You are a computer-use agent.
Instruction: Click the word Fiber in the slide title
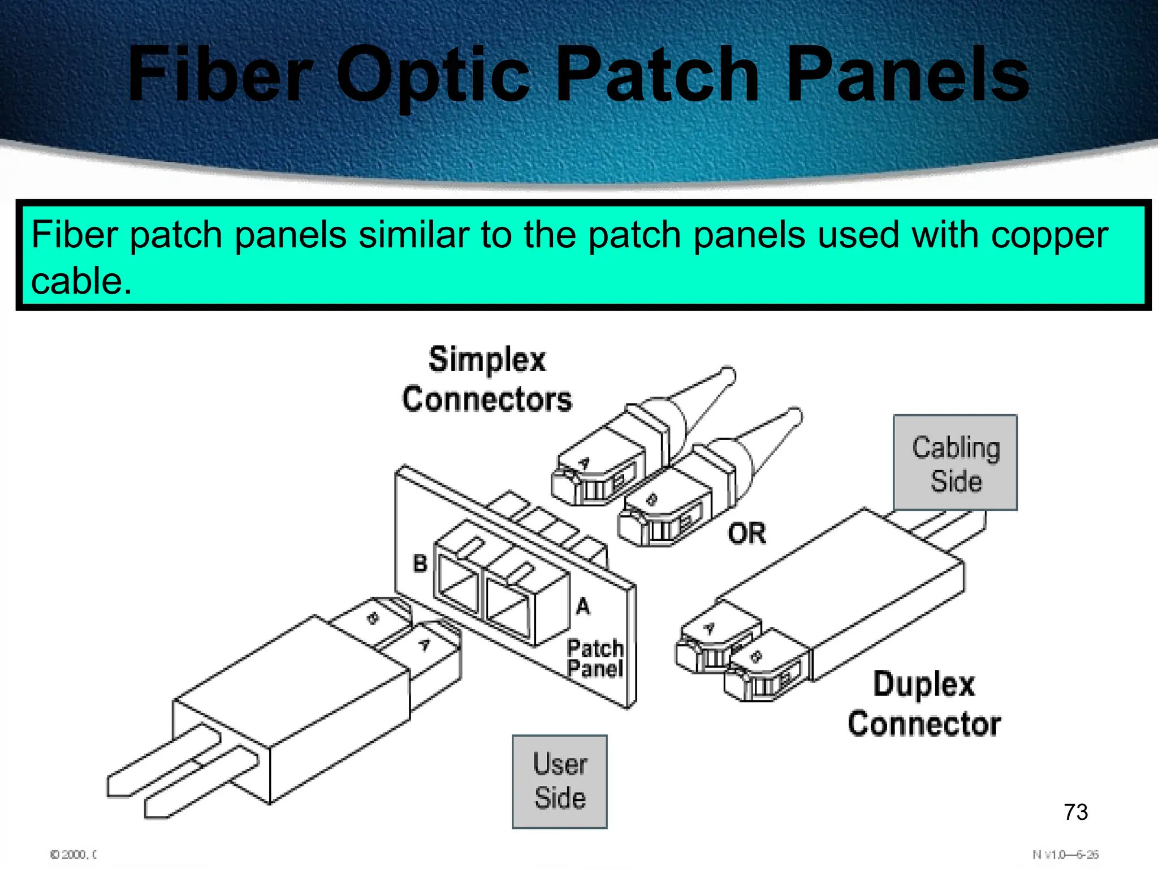pos(221,75)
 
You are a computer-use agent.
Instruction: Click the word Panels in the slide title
pos(908,75)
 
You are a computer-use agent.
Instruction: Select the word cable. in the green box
pos(81,281)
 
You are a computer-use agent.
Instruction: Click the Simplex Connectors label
pos(487,379)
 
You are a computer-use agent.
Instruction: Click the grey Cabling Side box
pos(955,463)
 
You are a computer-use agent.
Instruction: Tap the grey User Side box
pos(560,782)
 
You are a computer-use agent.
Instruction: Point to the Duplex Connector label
pos(924,704)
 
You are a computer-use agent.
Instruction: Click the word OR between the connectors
pos(746,534)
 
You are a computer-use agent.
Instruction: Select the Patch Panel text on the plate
pos(595,659)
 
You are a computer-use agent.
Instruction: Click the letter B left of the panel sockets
pos(420,563)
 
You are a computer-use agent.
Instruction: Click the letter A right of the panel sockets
pos(583,606)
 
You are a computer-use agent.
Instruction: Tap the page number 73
pos(1075,812)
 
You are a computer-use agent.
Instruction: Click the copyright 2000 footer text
pos(74,854)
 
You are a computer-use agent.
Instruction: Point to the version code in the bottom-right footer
pos(1065,854)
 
